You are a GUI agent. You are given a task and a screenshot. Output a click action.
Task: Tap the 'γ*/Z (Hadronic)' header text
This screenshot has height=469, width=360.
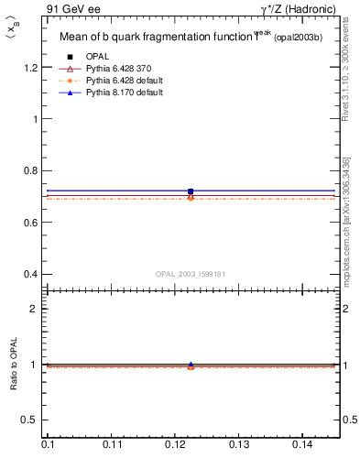[296, 9]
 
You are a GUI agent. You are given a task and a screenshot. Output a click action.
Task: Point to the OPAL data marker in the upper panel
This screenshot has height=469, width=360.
[191, 191]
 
